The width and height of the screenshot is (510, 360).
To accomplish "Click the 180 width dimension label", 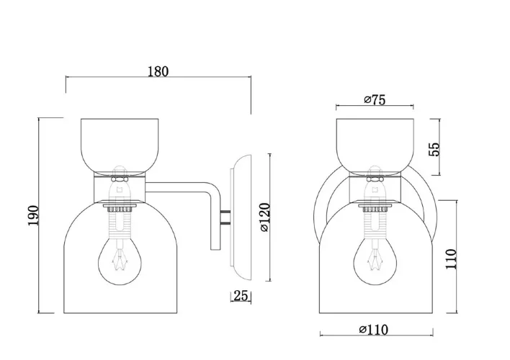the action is pyautogui.click(x=158, y=71).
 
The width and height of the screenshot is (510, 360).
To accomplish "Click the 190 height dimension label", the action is pyautogui.click(x=33, y=215).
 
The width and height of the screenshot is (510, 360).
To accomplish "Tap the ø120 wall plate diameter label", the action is pyautogui.click(x=265, y=217).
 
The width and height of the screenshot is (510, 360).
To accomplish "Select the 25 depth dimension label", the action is pyautogui.click(x=241, y=296).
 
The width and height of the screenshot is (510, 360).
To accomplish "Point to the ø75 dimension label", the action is pyautogui.click(x=375, y=100).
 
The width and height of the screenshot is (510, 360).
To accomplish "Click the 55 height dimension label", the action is pyautogui.click(x=434, y=149).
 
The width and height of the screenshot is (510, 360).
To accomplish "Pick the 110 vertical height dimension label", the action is pyautogui.click(x=451, y=259).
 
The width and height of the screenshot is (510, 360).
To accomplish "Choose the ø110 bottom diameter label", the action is pyautogui.click(x=374, y=330).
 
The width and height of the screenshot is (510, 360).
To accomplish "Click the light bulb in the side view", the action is pyautogui.click(x=120, y=260).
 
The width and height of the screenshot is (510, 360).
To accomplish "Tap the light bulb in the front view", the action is pyautogui.click(x=375, y=260).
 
